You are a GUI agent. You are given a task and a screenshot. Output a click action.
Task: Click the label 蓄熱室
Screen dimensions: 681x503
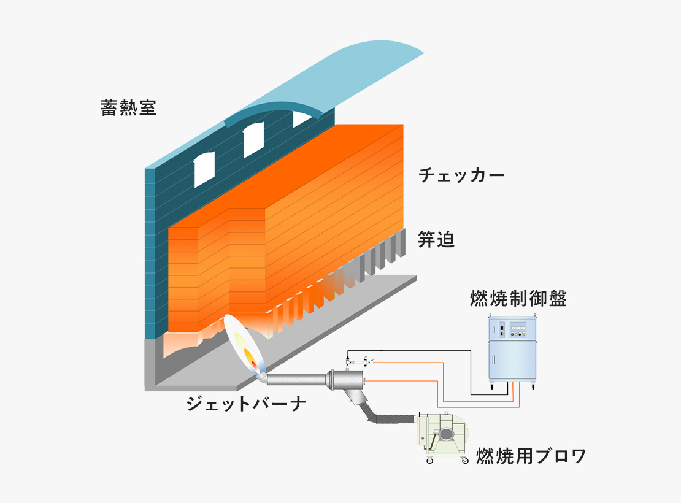point(128,108)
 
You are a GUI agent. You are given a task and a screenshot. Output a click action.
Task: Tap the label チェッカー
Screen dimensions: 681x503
point(461,175)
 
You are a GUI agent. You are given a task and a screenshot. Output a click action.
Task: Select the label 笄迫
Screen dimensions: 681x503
point(436,239)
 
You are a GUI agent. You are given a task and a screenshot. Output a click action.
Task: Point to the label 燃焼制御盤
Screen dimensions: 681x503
point(518,298)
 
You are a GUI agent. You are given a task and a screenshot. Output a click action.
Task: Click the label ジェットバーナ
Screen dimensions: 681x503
point(246,404)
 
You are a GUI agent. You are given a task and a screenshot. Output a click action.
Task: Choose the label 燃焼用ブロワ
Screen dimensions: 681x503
point(531,456)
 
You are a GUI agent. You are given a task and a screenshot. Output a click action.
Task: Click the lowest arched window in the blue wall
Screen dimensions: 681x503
point(204,169)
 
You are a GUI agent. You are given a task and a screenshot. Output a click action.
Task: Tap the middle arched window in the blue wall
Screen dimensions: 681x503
point(253,140)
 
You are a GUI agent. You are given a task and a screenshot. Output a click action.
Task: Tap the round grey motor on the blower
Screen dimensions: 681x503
point(445,434)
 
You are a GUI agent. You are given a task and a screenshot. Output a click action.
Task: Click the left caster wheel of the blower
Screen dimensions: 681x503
point(429,461)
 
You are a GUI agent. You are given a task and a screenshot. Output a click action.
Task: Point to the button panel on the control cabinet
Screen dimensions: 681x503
point(518,329)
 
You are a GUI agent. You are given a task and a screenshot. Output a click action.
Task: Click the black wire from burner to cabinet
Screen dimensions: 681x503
point(471,369)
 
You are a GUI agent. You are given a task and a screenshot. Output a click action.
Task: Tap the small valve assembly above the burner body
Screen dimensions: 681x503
point(361,361)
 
